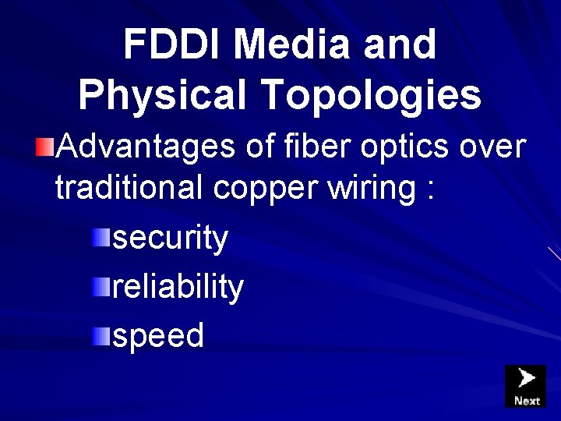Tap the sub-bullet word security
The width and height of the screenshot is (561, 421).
[x=171, y=239]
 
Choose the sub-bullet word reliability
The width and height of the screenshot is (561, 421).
[x=178, y=288]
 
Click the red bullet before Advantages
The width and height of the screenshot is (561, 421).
[x=46, y=145]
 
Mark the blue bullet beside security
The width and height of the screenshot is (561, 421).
[x=101, y=238]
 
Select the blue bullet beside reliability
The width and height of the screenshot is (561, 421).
[x=101, y=287]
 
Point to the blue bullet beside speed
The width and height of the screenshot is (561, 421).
[x=101, y=336]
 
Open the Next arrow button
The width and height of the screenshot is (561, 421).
[x=526, y=386]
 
